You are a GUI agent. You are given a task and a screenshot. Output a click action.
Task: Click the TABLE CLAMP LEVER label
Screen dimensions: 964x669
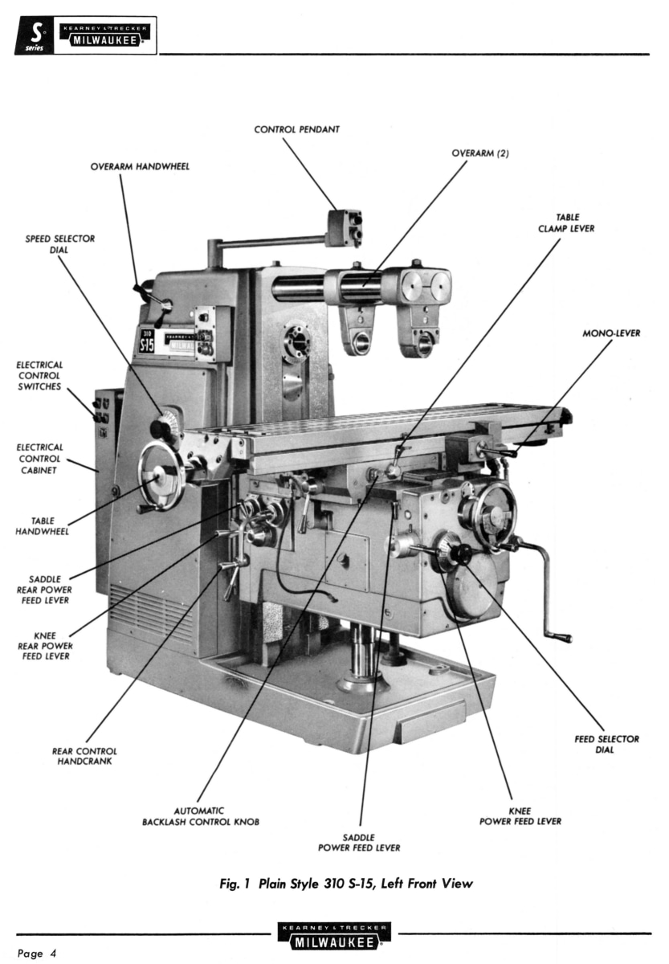566,223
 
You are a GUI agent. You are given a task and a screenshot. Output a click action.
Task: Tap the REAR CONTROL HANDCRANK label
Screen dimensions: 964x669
85,756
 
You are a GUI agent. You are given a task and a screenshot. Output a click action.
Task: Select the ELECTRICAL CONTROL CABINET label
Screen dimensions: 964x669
39,458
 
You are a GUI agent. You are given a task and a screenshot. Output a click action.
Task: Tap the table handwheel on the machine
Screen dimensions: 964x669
161,476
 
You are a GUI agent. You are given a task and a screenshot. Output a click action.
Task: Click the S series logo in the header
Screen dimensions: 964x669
35,36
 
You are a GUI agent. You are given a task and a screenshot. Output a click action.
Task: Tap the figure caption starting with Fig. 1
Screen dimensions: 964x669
334,884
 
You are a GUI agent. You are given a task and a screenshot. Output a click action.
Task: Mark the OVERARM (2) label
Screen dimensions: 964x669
471,153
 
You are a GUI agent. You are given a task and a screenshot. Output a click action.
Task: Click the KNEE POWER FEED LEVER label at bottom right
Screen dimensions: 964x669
520,816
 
